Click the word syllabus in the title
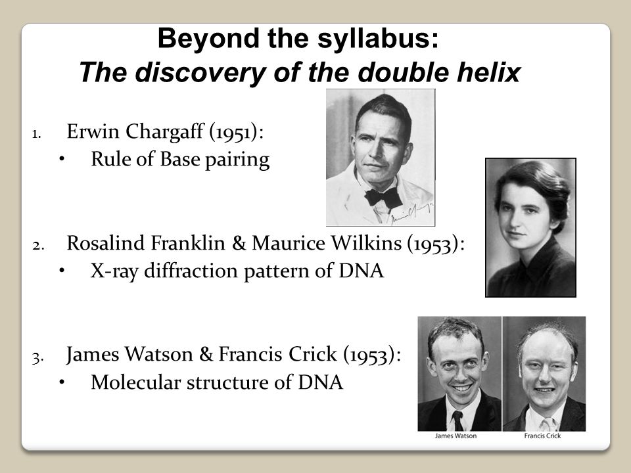click(378, 39)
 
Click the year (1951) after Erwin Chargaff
click(236, 132)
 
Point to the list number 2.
click(38, 245)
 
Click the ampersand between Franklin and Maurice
click(239, 243)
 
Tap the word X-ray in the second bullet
click(114, 271)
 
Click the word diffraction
click(191, 271)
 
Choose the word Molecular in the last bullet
click(135, 382)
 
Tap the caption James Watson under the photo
click(456, 436)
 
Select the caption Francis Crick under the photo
click(542, 436)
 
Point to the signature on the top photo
click(412, 212)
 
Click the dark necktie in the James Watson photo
click(458, 420)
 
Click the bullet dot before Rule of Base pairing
click(62, 159)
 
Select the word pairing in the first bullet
click(237, 160)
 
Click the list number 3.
click(38, 358)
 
